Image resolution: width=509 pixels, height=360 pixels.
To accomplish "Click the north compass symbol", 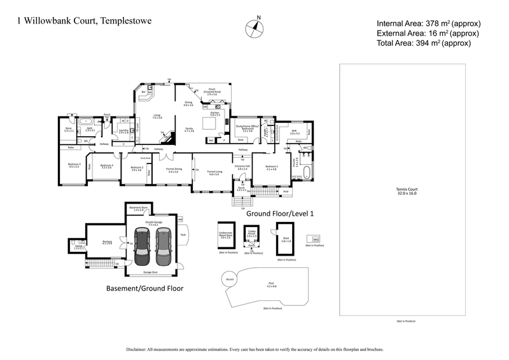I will tap(256, 27).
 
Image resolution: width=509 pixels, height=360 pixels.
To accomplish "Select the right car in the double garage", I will tap(164, 247).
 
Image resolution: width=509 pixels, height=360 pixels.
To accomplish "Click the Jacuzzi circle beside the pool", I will tap(229, 279).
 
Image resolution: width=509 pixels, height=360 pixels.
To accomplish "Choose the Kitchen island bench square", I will tap(209, 123).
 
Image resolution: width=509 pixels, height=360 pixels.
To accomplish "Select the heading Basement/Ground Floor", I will tap(144, 288).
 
